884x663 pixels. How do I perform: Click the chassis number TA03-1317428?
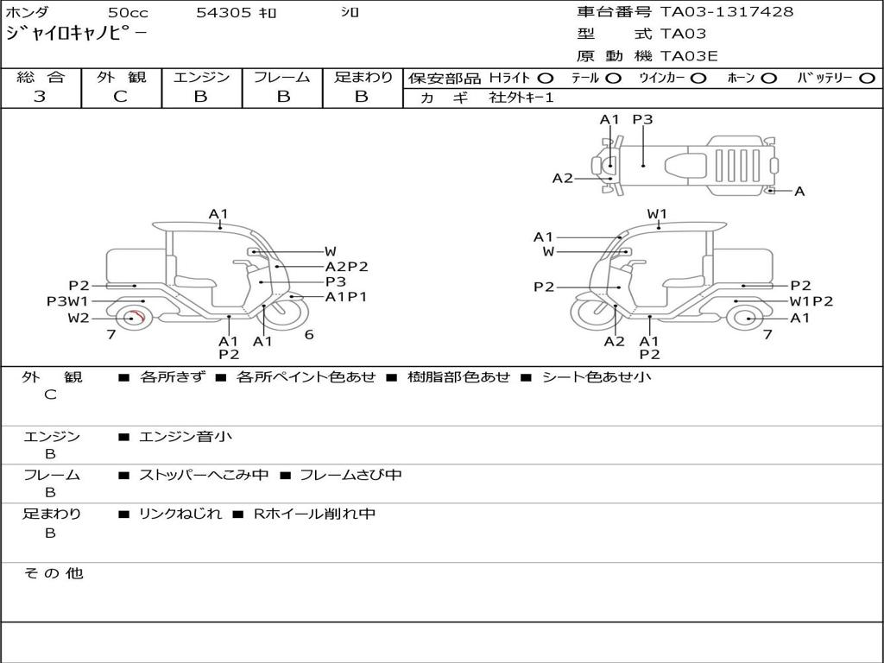tap(726, 12)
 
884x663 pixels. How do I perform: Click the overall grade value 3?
tap(40, 97)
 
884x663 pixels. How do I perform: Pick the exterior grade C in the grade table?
tap(120, 97)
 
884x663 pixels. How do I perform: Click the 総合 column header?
tap(41, 78)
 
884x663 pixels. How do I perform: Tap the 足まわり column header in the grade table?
tap(363, 78)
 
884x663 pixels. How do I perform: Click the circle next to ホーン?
tap(768, 79)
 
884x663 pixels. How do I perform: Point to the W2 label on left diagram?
tap(79, 318)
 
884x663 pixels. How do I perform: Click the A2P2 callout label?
tap(346, 267)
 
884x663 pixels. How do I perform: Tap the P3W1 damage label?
tap(67, 301)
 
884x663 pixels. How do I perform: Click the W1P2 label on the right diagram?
tap(811, 301)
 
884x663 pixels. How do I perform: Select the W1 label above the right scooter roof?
tap(657, 213)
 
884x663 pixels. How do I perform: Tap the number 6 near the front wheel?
tap(309, 335)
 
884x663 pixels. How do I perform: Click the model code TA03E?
tap(689, 57)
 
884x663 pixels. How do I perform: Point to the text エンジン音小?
tap(186, 437)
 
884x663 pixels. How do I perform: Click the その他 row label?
tap(54, 573)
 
